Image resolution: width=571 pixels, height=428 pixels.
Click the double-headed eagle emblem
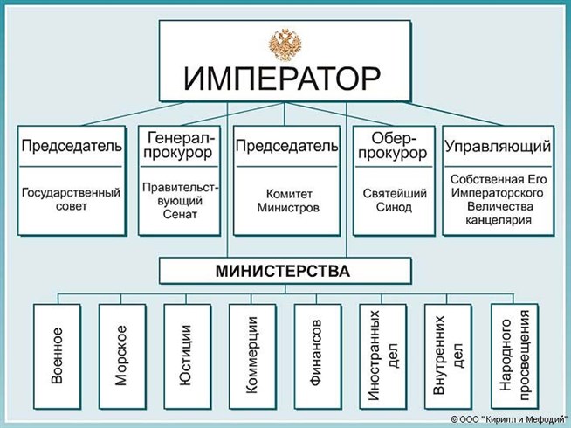point(285,43)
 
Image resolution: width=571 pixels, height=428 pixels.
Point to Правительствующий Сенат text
point(181,200)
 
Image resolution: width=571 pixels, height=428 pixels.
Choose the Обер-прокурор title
point(394,146)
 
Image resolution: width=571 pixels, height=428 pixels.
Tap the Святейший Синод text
point(394,200)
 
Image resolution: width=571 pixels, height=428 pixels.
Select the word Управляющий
point(498,146)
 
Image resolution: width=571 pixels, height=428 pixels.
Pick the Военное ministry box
point(57,356)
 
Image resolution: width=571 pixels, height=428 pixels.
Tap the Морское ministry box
point(121,356)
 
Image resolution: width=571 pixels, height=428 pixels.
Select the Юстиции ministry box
point(186,356)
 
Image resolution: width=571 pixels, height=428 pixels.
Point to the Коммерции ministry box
point(251,356)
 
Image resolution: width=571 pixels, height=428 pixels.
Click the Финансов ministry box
point(317,356)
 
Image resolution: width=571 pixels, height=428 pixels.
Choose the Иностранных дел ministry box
point(382,356)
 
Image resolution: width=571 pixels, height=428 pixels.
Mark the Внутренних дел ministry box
point(446,356)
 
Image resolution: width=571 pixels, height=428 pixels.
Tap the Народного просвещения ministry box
point(513,356)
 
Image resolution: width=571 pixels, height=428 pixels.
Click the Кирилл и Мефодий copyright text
point(508,419)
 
